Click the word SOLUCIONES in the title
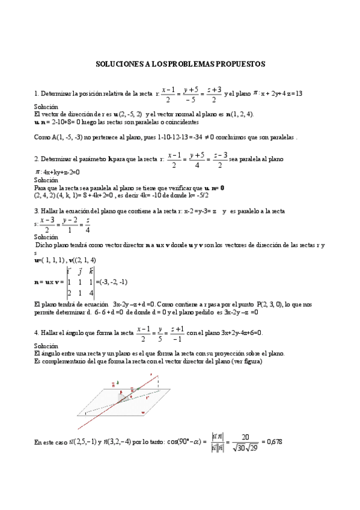120,63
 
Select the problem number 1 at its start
36,94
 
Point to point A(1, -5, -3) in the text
67,137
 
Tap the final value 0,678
272,442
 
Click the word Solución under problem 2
46,180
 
